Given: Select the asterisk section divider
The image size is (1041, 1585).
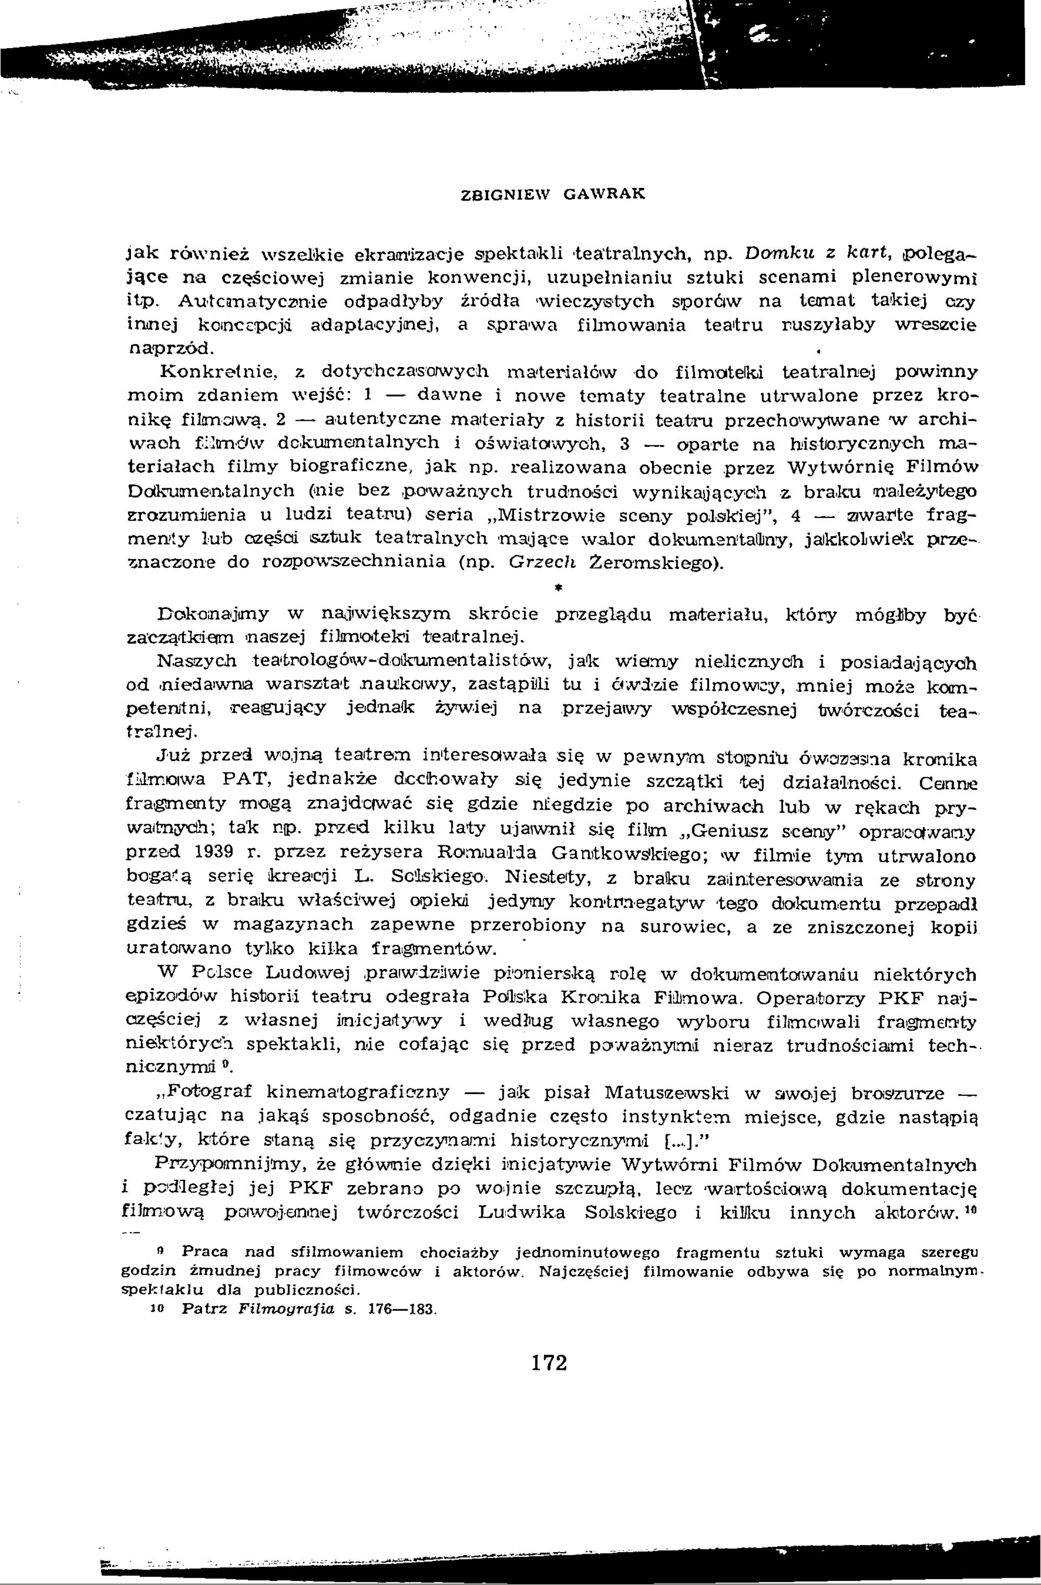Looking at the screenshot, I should click(553, 588).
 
